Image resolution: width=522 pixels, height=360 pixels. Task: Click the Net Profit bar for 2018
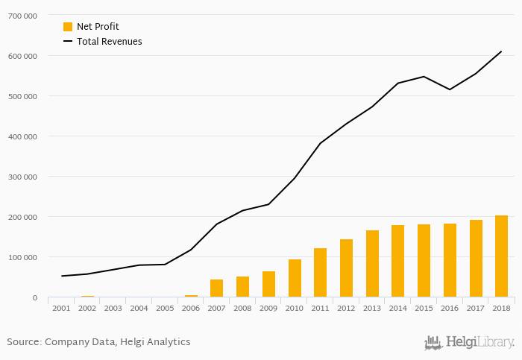click(501, 256)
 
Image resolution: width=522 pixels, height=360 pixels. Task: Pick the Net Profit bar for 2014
click(397, 261)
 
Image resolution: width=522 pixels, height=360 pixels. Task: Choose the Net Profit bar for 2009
click(268, 284)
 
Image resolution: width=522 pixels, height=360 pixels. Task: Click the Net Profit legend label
click(98, 27)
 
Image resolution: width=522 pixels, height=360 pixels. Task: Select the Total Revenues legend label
click(109, 42)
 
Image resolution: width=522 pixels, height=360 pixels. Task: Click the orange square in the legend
click(68, 27)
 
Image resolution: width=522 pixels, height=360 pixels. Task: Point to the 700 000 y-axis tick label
click(22, 15)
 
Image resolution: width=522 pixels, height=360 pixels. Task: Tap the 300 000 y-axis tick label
click(22, 177)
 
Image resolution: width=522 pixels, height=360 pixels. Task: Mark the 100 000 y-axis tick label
click(22, 257)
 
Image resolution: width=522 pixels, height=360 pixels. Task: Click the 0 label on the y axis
click(35, 297)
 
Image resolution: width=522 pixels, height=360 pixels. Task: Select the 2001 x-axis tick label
click(61, 308)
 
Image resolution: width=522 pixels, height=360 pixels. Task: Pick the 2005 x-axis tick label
click(165, 308)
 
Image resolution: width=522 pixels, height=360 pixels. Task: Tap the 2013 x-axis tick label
click(371, 308)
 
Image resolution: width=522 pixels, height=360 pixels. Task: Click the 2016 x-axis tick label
click(449, 308)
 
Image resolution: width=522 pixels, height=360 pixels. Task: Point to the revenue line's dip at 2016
click(449, 89)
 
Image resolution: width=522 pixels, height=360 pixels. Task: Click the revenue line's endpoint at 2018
click(501, 51)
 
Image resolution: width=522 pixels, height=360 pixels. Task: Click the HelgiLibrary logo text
click(479, 343)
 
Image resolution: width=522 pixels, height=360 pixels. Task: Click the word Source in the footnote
click(23, 342)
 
